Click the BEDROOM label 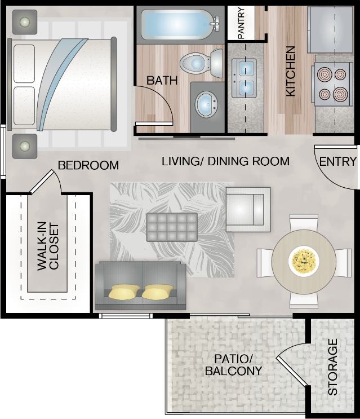[88, 165]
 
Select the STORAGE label [332, 367]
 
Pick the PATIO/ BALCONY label [233, 365]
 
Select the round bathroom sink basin [207, 104]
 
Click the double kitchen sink [245, 78]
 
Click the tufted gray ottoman [172, 227]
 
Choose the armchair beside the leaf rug [247, 209]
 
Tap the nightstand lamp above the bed [25, 22]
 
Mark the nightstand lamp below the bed [25, 146]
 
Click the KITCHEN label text [291, 70]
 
